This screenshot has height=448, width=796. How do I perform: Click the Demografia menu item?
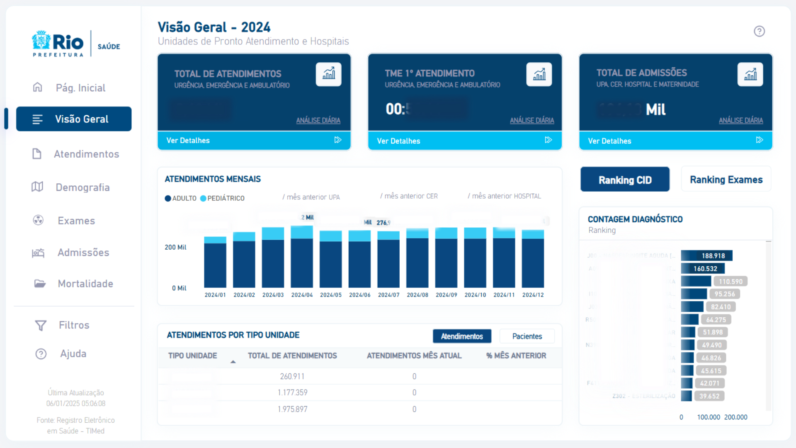(82, 187)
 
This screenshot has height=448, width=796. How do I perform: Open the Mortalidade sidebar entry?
(85, 284)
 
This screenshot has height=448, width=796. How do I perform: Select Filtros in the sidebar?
(74, 325)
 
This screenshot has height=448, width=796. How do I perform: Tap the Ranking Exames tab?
(726, 180)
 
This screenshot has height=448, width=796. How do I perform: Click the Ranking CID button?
(625, 180)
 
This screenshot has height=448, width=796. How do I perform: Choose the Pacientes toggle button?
(527, 336)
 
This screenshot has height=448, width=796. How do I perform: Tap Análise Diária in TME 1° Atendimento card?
(531, 120)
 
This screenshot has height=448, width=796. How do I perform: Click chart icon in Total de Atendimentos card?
(328, 75)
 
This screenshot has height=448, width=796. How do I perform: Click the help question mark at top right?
(759, 32)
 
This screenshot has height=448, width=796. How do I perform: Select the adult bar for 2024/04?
(302, 263)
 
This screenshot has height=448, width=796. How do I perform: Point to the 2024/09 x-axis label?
(446, 295)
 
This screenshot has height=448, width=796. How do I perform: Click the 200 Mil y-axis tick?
(175, 247)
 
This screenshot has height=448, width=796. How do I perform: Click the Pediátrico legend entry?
(225, 198)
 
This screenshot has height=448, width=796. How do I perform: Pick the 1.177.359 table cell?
(292, 392)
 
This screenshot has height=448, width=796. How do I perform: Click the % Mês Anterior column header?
(516, 356)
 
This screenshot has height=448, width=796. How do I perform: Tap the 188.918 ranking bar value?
(713, 256)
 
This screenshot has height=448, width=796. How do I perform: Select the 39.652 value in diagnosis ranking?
(709, 396)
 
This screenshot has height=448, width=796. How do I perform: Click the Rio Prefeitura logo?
(58, 44)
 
